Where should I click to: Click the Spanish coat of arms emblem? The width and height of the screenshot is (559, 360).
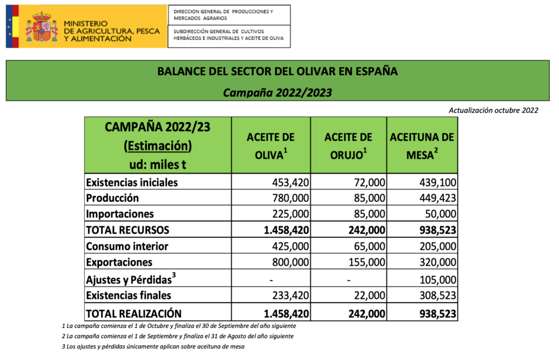[41, 27]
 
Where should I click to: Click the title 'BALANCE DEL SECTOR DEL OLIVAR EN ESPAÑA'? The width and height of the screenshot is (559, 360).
[277, 71]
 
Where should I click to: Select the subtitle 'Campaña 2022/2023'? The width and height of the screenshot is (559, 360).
[277, 92]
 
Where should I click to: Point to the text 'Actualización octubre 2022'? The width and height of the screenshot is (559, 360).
[493, 110]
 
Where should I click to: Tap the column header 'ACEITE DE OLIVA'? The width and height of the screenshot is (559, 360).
[271, 146]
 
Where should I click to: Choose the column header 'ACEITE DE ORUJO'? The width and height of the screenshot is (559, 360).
[348, 146]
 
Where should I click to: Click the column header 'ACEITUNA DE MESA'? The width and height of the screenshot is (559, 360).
[422, 146]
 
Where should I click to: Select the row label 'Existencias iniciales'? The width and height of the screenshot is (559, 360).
[132, 182]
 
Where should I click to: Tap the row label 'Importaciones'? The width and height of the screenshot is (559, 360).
[120, 214]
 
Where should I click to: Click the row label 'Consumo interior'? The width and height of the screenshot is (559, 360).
[127, 246]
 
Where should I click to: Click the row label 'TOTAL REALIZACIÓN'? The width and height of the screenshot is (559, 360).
[134, 313]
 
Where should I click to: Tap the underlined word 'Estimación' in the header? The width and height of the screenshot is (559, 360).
[158, 146]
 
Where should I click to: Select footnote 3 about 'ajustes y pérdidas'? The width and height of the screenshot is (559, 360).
[153, 346]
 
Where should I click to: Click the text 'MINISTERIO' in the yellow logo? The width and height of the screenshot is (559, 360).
[85, 23]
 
